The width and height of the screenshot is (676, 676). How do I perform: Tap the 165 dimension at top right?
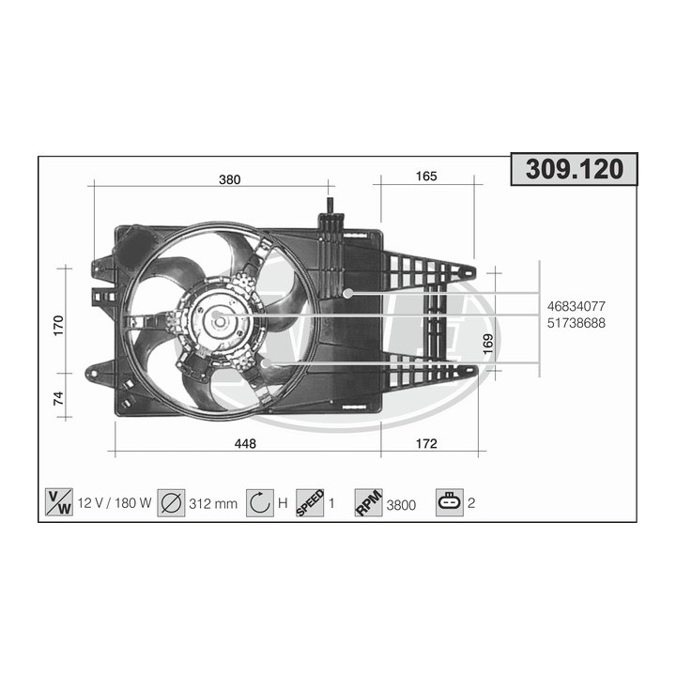click(x=427, y=177)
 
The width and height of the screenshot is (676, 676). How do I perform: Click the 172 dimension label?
click(x=427, y=444)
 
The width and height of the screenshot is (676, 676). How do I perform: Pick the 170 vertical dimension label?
click(x=58, y=326)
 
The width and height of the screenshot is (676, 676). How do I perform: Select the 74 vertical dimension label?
click(x=58, y=398)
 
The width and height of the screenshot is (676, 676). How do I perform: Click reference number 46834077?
click(x=576, y=306)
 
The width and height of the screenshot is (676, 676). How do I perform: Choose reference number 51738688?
click(x=576, y=322)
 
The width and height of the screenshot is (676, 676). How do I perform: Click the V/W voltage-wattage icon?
click(x=58, y=502)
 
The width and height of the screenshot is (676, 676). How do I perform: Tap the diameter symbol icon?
click(x=171, y=502)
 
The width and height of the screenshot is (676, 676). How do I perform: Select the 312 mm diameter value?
click(x=212, y=503)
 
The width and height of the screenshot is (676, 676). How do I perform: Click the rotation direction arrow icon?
click(x=259, y=502)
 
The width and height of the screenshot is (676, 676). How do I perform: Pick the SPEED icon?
click(x=309, y=502)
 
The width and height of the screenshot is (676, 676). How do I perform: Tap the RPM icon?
click(x=368, y=502)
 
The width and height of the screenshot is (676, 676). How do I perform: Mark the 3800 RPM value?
click(x=401, y=504)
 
